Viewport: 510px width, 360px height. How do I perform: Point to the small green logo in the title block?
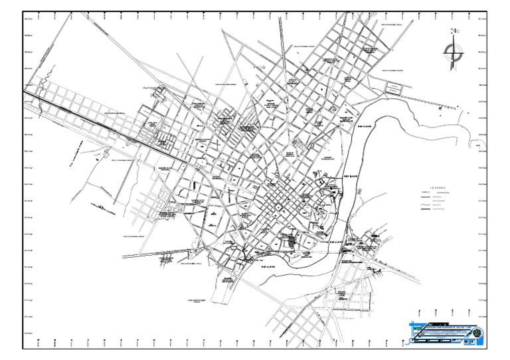click(417, 327)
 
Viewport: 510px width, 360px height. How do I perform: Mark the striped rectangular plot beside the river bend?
click(394, 88)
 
